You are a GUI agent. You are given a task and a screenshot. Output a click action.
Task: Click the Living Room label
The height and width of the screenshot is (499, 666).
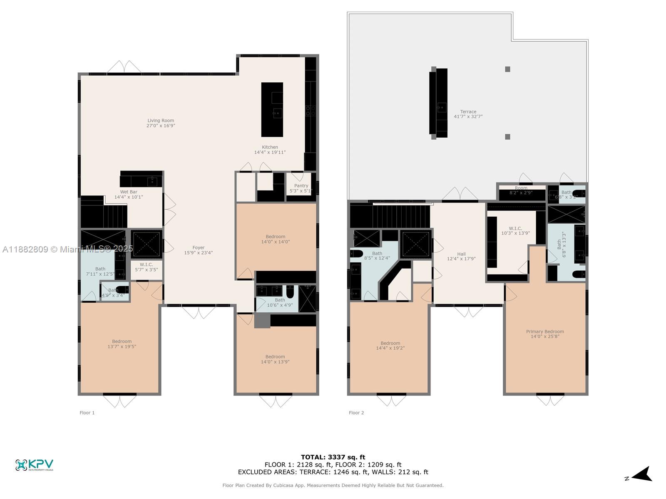(x=161, y=121)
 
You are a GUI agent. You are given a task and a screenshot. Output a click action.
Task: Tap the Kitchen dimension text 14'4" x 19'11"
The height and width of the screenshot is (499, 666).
(x=270, y=152)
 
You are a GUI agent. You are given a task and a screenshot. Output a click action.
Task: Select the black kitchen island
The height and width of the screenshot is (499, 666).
(x=272, y=109)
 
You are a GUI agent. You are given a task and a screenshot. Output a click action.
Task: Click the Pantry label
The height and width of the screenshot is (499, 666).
(x=301, y=186)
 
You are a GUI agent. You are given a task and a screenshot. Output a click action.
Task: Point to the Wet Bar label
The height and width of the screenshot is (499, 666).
(x=129, y=192)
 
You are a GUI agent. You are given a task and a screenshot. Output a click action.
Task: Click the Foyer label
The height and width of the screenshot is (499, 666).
(x=199, y=247)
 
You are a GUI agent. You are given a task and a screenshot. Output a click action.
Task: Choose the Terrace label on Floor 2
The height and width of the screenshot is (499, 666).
(x=468, y=111)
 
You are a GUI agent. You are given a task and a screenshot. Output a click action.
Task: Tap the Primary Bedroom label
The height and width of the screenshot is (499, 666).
(x=545, y=331)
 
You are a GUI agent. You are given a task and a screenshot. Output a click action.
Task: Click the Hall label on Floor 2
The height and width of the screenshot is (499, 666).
(x=461, y=254)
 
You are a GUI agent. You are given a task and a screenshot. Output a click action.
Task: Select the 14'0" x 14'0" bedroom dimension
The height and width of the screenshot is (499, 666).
(x=276, y=242)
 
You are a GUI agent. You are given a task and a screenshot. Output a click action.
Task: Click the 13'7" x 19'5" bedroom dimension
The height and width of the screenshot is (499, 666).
(x=122, y=346)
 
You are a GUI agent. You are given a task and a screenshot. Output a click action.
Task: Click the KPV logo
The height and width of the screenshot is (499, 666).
(x=34, y=464)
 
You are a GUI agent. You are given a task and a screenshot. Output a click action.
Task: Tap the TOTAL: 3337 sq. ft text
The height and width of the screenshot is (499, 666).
(x=333, y=457)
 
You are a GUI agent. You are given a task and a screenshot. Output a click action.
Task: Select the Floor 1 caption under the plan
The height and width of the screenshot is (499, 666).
(x=87, y=413)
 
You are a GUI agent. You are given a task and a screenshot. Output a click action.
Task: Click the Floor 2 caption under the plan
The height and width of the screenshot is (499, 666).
(x=356, y=413)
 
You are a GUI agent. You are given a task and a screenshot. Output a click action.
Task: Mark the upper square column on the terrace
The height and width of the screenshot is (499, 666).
(x=507, y=69)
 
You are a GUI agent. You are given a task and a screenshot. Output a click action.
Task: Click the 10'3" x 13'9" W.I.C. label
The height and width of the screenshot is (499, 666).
(x=515, y=233)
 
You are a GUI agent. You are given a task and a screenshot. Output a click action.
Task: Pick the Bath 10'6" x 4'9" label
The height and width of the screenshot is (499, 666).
(x=280, y=302)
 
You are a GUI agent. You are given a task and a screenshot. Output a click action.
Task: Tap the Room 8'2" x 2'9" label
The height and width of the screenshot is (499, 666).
(x=521, y=190)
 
